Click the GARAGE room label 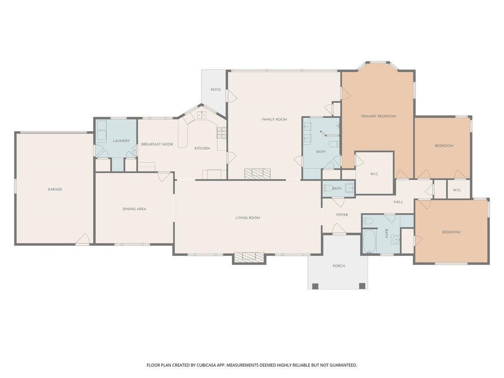(x=55, y=189)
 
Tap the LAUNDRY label (x=121, y=141)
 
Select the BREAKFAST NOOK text (x=157, y=144)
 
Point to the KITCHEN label (x=202, y=148)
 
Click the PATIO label (x=216, y=90)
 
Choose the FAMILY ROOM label (x=274, y=119)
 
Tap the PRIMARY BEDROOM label (x=378, y=116)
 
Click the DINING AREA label (x=134, y=209)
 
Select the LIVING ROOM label (x=248, y=218)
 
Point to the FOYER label (x=342, y=215)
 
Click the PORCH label (x=339, y=266)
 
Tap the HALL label (x=398, y=202)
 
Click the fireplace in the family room (x=257, y=174)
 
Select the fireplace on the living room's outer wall (x=249, y=257)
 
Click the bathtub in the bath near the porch (x=369, y=241)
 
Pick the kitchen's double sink (x=201, y=115)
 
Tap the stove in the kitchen (x=221, y=133)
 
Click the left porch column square (x=315, y=286)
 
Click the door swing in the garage (x=83, y=239)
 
